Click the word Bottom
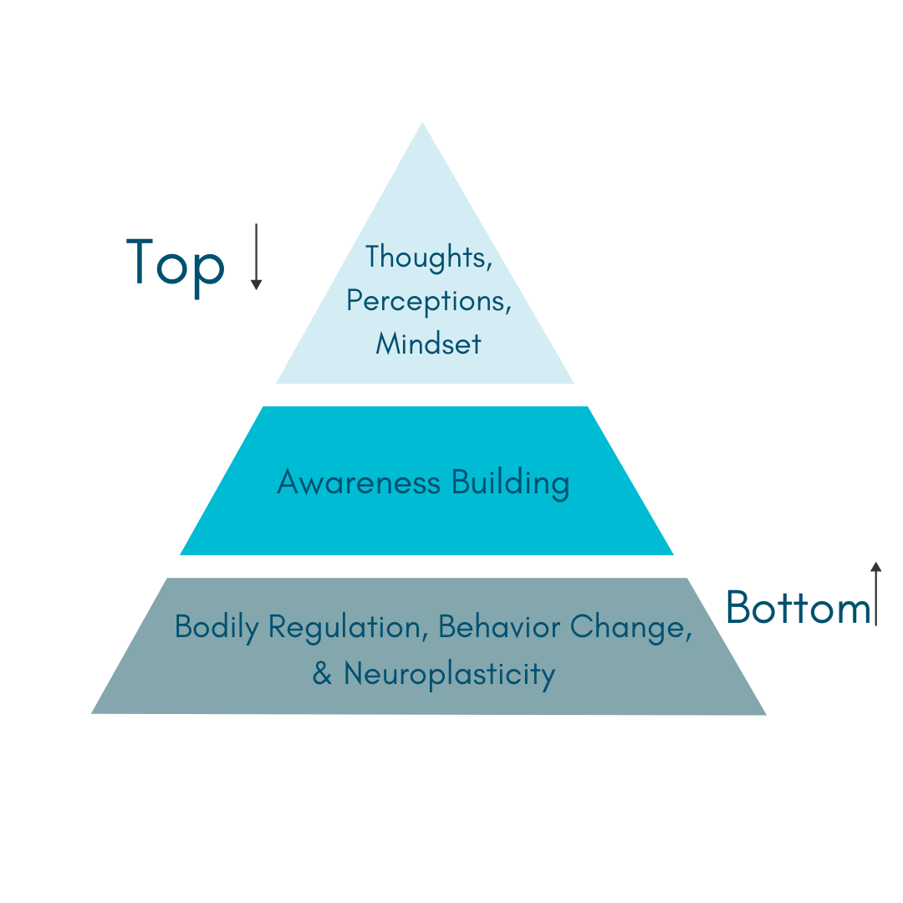pos(798,607)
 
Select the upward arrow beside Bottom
pos(875,594)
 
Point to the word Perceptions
pos(428,301)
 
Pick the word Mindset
pos(428,344)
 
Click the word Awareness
pos(359,482)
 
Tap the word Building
pos(510,483)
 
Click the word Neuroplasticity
pos(449,674)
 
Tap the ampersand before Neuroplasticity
pos(322,674)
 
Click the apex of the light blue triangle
pos(422,125)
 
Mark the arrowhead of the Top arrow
pos(257,284)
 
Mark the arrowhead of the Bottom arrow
pos(875,567)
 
